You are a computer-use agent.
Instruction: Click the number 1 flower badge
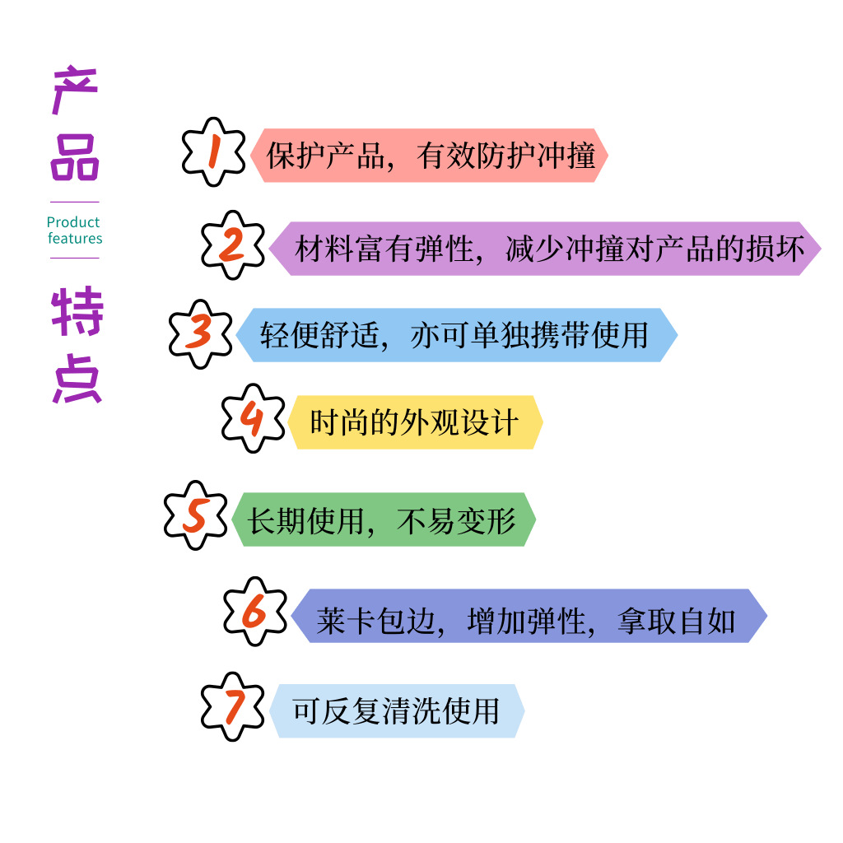(213, 152)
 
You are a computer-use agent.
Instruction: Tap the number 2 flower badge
(233, 245)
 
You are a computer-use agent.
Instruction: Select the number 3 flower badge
(200, 333)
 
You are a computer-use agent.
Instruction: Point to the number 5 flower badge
(194, 516)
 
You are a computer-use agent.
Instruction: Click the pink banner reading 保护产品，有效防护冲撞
(430, 156)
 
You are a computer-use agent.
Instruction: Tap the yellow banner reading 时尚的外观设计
(415, 422)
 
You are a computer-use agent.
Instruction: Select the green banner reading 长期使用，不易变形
(382, 519)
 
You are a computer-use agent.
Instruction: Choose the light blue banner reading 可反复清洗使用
(396, 710)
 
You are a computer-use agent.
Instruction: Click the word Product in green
(73, 222)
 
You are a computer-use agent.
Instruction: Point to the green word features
(75, 239)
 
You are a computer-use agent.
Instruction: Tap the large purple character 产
(75, 92)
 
